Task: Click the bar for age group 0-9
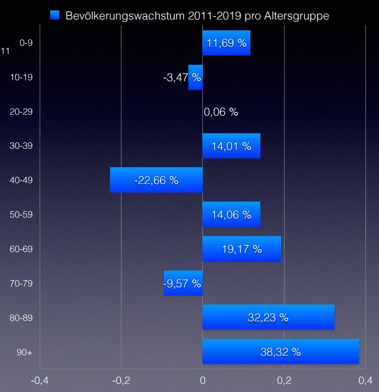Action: point(226,43)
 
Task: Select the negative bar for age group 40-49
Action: point(156,180)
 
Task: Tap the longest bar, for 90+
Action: point(280,352)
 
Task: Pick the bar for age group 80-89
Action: point(268,317)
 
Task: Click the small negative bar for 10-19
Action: point(196,77)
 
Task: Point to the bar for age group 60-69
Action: point(241,249)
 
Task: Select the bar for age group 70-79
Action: point(183,283)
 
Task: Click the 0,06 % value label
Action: point(221,112)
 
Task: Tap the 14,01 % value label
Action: point(231,146)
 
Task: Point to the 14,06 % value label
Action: point(231,215)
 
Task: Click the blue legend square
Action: point(55,15)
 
